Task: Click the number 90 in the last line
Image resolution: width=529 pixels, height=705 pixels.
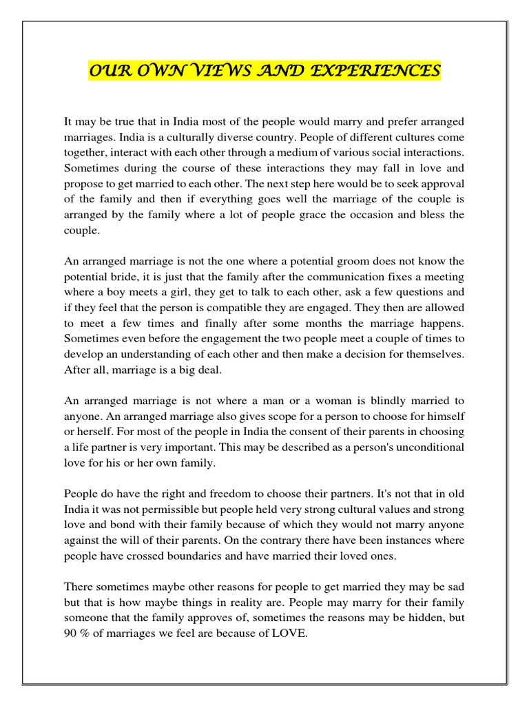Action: click(x=71, y=633)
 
